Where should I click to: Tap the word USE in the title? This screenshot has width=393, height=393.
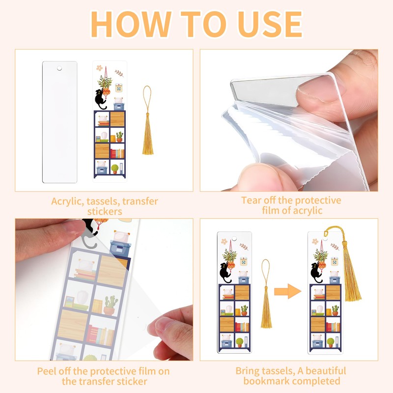(270, 24)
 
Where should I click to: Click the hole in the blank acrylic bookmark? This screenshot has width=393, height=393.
(59, 68)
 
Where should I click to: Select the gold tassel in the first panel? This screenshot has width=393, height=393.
(148, 120)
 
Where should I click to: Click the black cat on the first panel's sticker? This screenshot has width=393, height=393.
(101, 99)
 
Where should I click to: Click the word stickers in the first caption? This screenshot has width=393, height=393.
(105, 212)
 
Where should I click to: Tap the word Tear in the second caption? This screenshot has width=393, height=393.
(251, 200)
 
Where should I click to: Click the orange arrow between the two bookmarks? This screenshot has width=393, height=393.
(287, 291)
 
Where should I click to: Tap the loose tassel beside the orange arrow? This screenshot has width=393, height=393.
(266, 294)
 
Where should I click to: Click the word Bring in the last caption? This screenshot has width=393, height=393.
(249, 371)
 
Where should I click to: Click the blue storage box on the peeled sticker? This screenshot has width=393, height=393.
(120, 248)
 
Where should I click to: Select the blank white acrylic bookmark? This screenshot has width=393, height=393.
(59, 122)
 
